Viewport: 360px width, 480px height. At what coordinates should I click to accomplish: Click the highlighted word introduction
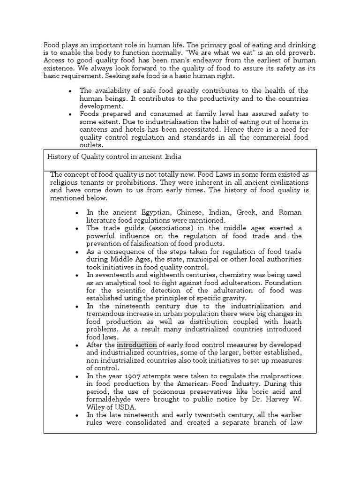[x=137, y=345]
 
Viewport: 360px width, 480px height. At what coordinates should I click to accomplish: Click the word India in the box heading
[x=171, y=157]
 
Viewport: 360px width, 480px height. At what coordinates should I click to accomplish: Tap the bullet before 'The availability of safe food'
[x=70, y=90]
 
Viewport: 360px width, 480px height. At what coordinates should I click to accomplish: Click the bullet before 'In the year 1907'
[x=76, y=376]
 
